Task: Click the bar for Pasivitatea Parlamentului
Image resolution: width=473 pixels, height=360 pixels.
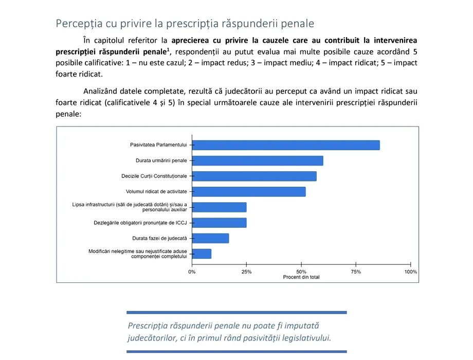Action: [285, 145]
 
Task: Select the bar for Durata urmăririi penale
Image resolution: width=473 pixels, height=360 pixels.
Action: [257, 160]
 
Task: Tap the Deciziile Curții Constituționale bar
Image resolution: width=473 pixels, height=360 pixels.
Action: [254, 176]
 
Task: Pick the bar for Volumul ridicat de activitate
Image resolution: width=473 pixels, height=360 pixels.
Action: [248, 192]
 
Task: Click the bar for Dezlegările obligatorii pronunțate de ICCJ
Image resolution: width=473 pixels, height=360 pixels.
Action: [219, 223]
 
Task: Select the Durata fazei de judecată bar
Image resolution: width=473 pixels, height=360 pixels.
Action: [210, 238]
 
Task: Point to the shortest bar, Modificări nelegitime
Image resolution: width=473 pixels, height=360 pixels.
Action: [202, 254]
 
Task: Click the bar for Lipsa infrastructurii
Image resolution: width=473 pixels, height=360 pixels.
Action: [219, 207]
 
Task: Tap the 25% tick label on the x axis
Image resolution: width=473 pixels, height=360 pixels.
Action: [247, 272]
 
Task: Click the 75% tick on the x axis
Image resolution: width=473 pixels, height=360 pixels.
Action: [356, 272]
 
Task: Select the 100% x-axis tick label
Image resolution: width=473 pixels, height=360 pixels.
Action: [410, 272]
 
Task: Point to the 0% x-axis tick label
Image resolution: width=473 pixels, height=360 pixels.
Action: [192, 272]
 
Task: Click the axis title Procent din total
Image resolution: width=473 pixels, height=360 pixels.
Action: [301, 277]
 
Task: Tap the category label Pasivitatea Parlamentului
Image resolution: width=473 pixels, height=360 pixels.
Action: [159, 145]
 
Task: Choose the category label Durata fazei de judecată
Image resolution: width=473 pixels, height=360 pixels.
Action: [160, 238]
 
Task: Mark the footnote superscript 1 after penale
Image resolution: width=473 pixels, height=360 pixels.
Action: [168, 49]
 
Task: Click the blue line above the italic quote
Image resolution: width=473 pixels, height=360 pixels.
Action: [236, 312]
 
